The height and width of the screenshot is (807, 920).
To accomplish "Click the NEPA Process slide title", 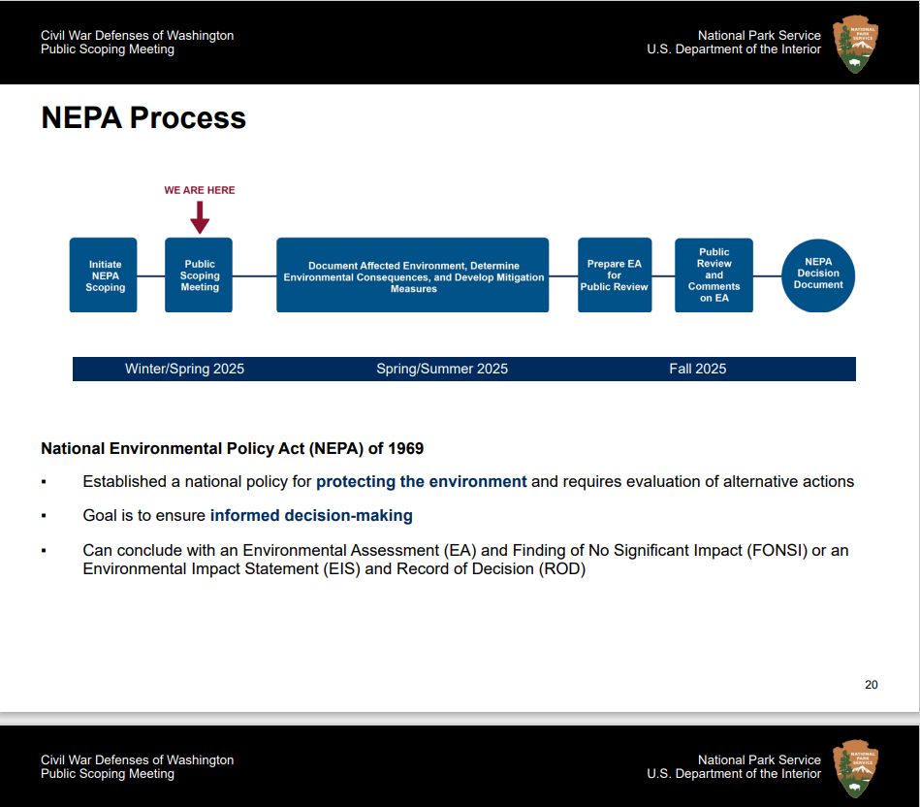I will pyautogui.click(x=143, y=118).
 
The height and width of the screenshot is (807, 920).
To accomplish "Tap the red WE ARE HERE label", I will pyautogui.click(x=200, y=190).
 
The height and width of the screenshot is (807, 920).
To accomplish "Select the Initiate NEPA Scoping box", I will pyautogui.click(x=104, y=275).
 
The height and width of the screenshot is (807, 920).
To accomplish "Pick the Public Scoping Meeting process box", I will pyautogui.click(x=199, y=275).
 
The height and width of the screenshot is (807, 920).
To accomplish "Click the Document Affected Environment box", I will pyautogui.click(x=413, y=275).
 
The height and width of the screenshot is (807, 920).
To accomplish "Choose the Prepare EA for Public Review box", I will pyautogui.click(x=615, y=275).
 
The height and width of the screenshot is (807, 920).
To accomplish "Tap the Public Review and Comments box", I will pyautogui.click(x=714, y=275).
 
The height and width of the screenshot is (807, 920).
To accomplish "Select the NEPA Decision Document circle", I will pyautogui.click(x=818, y=275).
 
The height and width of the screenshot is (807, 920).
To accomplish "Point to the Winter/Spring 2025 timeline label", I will pyautogui.click(x=184, y=369).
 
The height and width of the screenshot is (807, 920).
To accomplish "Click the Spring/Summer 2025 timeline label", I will pyautogui.click(x=442, y=369).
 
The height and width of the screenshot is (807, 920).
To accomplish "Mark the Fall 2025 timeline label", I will pyautogui.click(x=697, y=369).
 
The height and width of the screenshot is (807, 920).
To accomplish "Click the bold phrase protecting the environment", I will pyautogui.click(x=422, y=481).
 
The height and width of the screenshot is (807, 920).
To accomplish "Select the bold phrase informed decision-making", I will pyautogui.click(x=311, y=516).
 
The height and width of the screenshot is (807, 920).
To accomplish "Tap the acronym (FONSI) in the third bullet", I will pyautogui.click(x=777, y=551).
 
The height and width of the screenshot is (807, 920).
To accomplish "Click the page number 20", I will pyautogui.click(x=871, y=685).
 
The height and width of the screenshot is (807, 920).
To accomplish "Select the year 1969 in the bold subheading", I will pyautogui.click(x=404, y=449).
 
